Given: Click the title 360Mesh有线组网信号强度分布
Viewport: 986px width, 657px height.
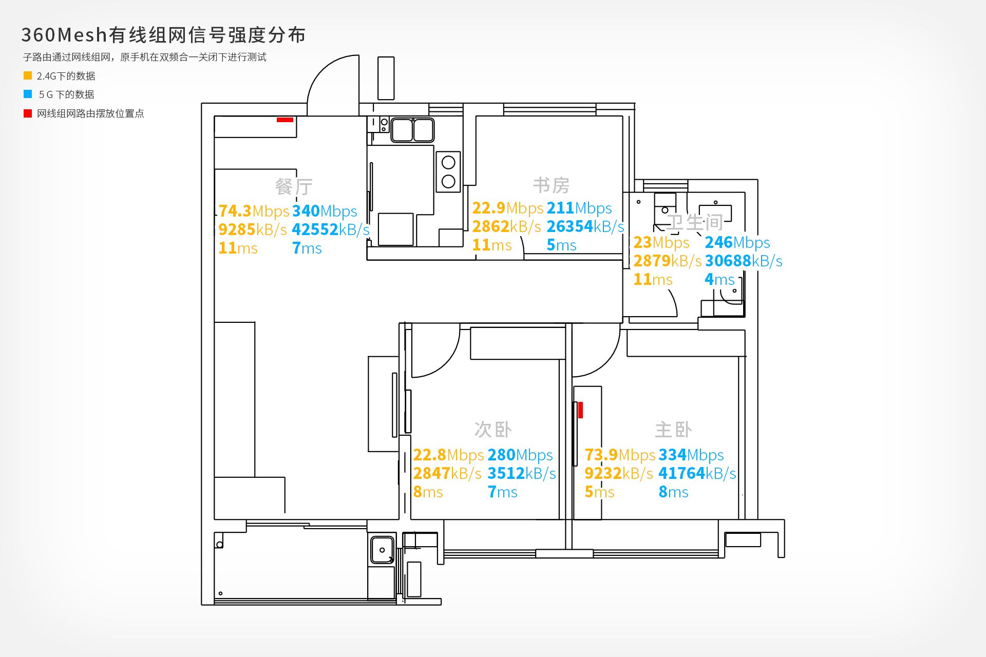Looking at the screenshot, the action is click(163, 35).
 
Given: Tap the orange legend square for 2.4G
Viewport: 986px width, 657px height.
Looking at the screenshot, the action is click(28, 75).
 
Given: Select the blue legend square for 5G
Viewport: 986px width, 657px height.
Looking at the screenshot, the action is click(28, 94).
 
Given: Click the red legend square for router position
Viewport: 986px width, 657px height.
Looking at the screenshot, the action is click(28, 113).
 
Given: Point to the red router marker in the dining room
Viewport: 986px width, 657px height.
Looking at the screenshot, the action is click(285, 120).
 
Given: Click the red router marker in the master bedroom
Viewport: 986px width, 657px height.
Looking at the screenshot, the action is click(580, 410).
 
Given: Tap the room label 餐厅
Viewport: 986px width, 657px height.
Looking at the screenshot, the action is click(294, 186).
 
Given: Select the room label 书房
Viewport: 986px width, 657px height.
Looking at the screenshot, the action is click(551, 185).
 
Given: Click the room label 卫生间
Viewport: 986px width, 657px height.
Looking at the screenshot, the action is click(695, 222).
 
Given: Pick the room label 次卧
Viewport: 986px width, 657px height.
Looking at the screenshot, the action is click(493, 430).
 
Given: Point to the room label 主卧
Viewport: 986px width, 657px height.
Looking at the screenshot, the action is click(673, 430).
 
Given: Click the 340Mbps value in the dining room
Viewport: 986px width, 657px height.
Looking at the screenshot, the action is click(325, 211).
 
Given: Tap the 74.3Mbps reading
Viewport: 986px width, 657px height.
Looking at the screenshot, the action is click(254, 211).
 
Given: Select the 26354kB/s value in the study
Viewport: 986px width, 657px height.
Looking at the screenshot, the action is click(585, 226).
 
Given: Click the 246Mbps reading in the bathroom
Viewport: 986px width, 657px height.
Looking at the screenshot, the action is click(737, 242).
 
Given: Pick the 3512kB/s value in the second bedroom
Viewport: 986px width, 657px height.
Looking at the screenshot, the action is click(521, 473).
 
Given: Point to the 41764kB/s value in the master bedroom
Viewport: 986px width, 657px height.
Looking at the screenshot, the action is click(697, 473).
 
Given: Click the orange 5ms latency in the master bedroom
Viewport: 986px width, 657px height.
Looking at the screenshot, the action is click(599, 492).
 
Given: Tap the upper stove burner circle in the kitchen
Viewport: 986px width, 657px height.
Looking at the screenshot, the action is click(448, 163).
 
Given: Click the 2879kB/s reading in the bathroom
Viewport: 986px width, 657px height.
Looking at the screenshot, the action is click(667, 261).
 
